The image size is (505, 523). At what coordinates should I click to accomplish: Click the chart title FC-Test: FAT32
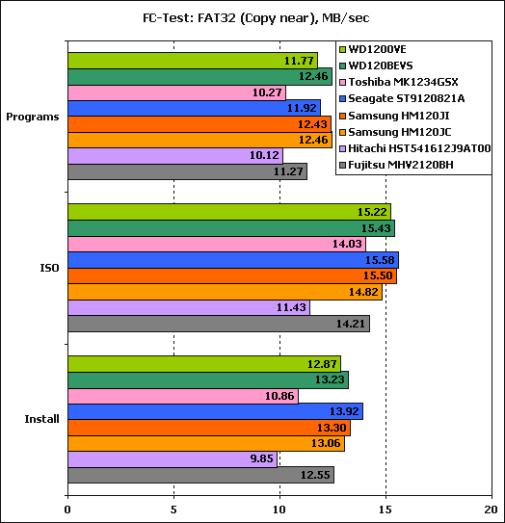(256, 17)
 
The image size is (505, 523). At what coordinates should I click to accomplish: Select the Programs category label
(33, 117)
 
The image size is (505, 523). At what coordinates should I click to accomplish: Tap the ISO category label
(49, 268)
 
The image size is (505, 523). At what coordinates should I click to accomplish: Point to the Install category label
(41, 419)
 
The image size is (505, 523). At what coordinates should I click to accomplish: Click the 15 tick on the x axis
(385, 510)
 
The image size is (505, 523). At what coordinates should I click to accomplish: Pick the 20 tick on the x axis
(492, 510)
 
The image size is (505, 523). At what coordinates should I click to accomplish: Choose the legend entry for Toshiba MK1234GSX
(399, 82)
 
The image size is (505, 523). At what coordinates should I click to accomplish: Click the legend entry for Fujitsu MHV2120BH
(396, 165)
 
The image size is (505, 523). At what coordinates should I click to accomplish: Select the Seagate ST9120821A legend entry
(402, 99)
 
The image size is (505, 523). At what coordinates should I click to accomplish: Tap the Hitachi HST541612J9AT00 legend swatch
(342, 148)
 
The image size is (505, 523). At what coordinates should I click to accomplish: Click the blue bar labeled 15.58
(233, 260)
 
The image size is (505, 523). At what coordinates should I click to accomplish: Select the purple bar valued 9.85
(173, 459)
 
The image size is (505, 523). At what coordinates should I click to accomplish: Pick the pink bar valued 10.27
(177, 92)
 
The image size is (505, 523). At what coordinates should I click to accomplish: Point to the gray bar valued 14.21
(219, 324)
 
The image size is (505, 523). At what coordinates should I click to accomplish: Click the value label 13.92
(344, 411)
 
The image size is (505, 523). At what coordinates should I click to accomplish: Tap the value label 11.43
(291, 307)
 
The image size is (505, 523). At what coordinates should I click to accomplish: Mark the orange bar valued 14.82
(226, 292)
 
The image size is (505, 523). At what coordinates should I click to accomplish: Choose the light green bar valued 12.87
(204, 364)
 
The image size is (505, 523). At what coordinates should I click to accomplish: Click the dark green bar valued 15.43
(231, 228)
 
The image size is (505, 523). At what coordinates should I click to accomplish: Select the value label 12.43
(312, 124)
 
